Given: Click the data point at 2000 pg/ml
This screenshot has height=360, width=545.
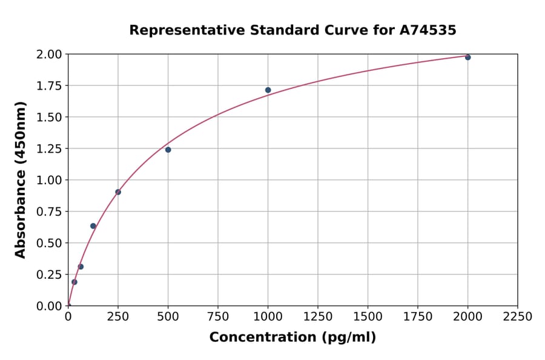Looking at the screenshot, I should click(467, 57).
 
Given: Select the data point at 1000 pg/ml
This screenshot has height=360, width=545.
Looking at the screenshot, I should click(268, 90).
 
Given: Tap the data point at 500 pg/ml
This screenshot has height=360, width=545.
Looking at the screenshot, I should click(168, 150).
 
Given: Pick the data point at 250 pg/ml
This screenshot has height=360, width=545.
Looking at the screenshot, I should click(118, 192).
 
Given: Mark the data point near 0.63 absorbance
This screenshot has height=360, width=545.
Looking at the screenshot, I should click(93, 226).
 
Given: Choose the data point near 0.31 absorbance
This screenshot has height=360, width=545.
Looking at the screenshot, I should click(81, 267).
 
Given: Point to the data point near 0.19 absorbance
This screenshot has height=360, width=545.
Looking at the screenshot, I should click(74, 282).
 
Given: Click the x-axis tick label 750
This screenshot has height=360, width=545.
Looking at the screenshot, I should click(218, 317).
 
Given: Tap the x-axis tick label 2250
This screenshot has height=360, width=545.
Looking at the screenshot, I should click(518, 317).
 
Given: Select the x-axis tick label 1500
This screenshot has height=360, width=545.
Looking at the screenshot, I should click(368, 317).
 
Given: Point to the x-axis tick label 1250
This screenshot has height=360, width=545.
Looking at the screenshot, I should click(318, 317).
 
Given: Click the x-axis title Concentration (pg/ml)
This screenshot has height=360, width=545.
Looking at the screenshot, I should click(292, 338).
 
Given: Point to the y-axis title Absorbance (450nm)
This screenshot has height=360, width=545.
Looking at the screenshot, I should click(21, 179).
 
